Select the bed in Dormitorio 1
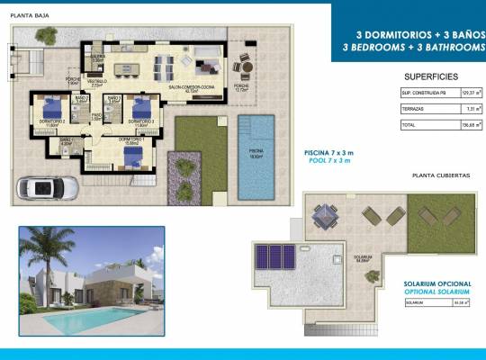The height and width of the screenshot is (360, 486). coord(132,156)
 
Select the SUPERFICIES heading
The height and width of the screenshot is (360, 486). coord(431,76)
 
